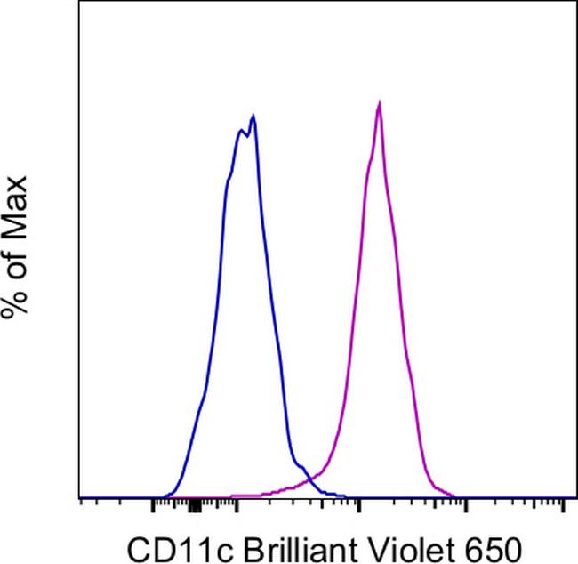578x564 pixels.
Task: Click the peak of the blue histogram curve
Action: pos(254,116)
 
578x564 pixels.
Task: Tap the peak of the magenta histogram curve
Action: pos(380,103)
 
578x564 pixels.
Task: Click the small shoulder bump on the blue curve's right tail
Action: pos(302,466)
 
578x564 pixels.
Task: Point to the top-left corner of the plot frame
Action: pos(80,2)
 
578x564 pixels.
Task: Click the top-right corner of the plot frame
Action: pos(576,2)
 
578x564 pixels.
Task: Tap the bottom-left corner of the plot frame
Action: pos(80,498)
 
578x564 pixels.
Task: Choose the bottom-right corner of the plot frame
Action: pos(576,498)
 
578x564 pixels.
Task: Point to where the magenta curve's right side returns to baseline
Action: pos(454,496)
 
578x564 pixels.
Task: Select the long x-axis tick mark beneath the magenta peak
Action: pos(358,506)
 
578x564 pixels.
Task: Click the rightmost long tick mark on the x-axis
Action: pos(564,506)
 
